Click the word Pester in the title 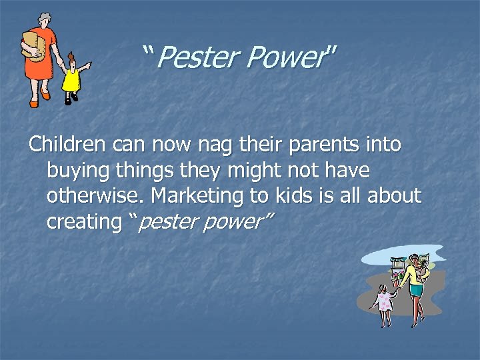click(196, 59)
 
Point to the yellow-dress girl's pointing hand click(89, 65)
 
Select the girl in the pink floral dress click(385, 300)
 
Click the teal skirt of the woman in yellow click(417, 291)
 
